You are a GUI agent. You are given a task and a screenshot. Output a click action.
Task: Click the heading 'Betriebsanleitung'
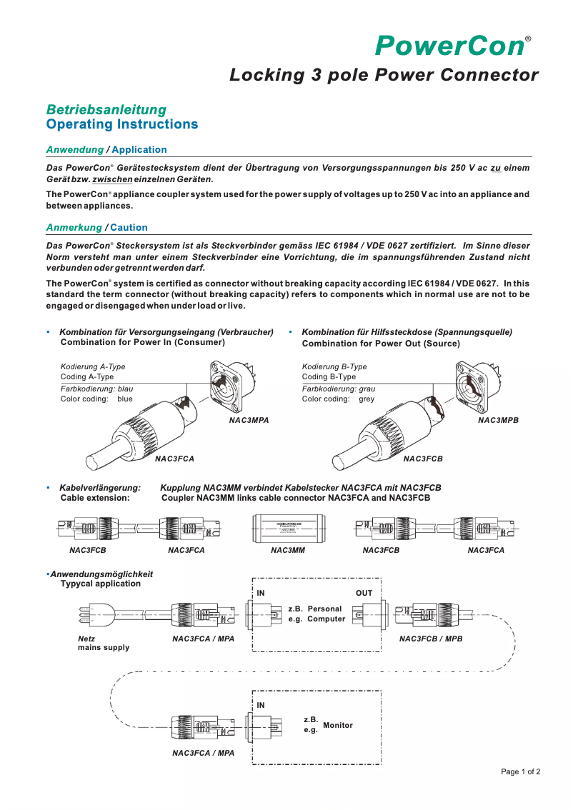click(x=106, y=110)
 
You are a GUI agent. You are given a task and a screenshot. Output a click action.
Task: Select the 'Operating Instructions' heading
click(x=121, y=124)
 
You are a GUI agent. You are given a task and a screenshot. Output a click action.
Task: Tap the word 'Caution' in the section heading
click(x=129, y=228)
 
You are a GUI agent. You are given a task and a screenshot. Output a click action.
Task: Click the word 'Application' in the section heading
click(x=139, y=150)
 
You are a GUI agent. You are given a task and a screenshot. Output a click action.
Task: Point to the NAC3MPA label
click(x=249, y=421)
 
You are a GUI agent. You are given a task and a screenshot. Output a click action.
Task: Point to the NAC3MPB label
click(x=498, y=421)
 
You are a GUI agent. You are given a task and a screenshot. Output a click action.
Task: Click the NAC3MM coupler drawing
click(x=288, y=529)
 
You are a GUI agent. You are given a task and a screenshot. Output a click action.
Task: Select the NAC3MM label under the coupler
click(x=288, y=551)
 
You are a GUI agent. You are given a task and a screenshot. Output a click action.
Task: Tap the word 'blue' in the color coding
click(x=125, y=399)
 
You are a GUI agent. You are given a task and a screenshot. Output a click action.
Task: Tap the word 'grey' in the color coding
click(x=367, y=399)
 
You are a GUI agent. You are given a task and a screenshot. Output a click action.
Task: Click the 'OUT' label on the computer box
click(x=364, y=594)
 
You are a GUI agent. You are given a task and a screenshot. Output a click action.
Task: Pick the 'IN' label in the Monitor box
click(x=261, y=706)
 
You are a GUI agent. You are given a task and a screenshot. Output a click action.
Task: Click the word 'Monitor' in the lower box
click(x=338, y=726)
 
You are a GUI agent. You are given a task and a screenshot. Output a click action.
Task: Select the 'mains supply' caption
click(x=104, y=648)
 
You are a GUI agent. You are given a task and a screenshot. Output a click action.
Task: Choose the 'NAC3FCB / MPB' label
click(x=431, y=639)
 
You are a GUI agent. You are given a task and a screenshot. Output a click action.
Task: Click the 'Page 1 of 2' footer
click(x=520, y=771)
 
